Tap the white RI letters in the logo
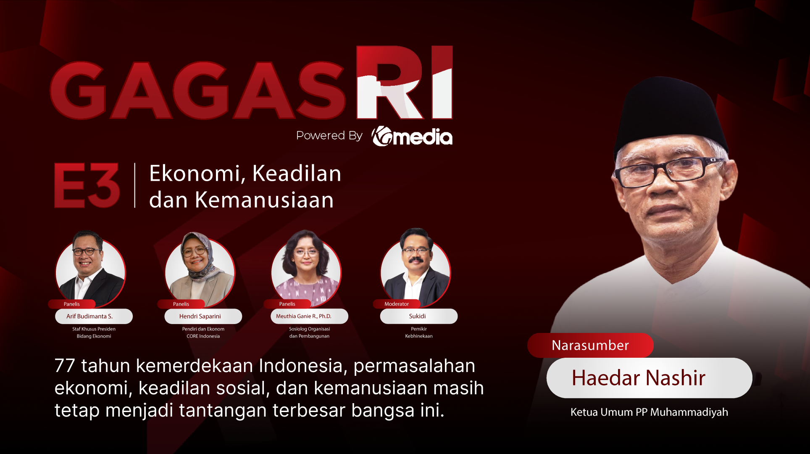point(404,82)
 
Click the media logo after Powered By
point(412,137)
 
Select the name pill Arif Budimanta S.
point(94,316)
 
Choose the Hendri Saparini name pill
point(203,316)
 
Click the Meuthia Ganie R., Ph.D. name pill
point(309,316)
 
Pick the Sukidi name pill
point(418,316)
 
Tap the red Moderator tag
point(397,304)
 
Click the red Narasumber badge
point(590,345)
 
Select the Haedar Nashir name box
point(649,377)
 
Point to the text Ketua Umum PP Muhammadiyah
point(649,412)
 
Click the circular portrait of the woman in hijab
point(200,269)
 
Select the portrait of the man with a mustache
point(416,269)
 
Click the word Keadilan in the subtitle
point(297,174)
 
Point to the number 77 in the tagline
point(64,366)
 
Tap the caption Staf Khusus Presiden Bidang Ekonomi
point(94,333)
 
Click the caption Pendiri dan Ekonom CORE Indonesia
point(203,333)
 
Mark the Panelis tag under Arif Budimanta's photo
point(72,304)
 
